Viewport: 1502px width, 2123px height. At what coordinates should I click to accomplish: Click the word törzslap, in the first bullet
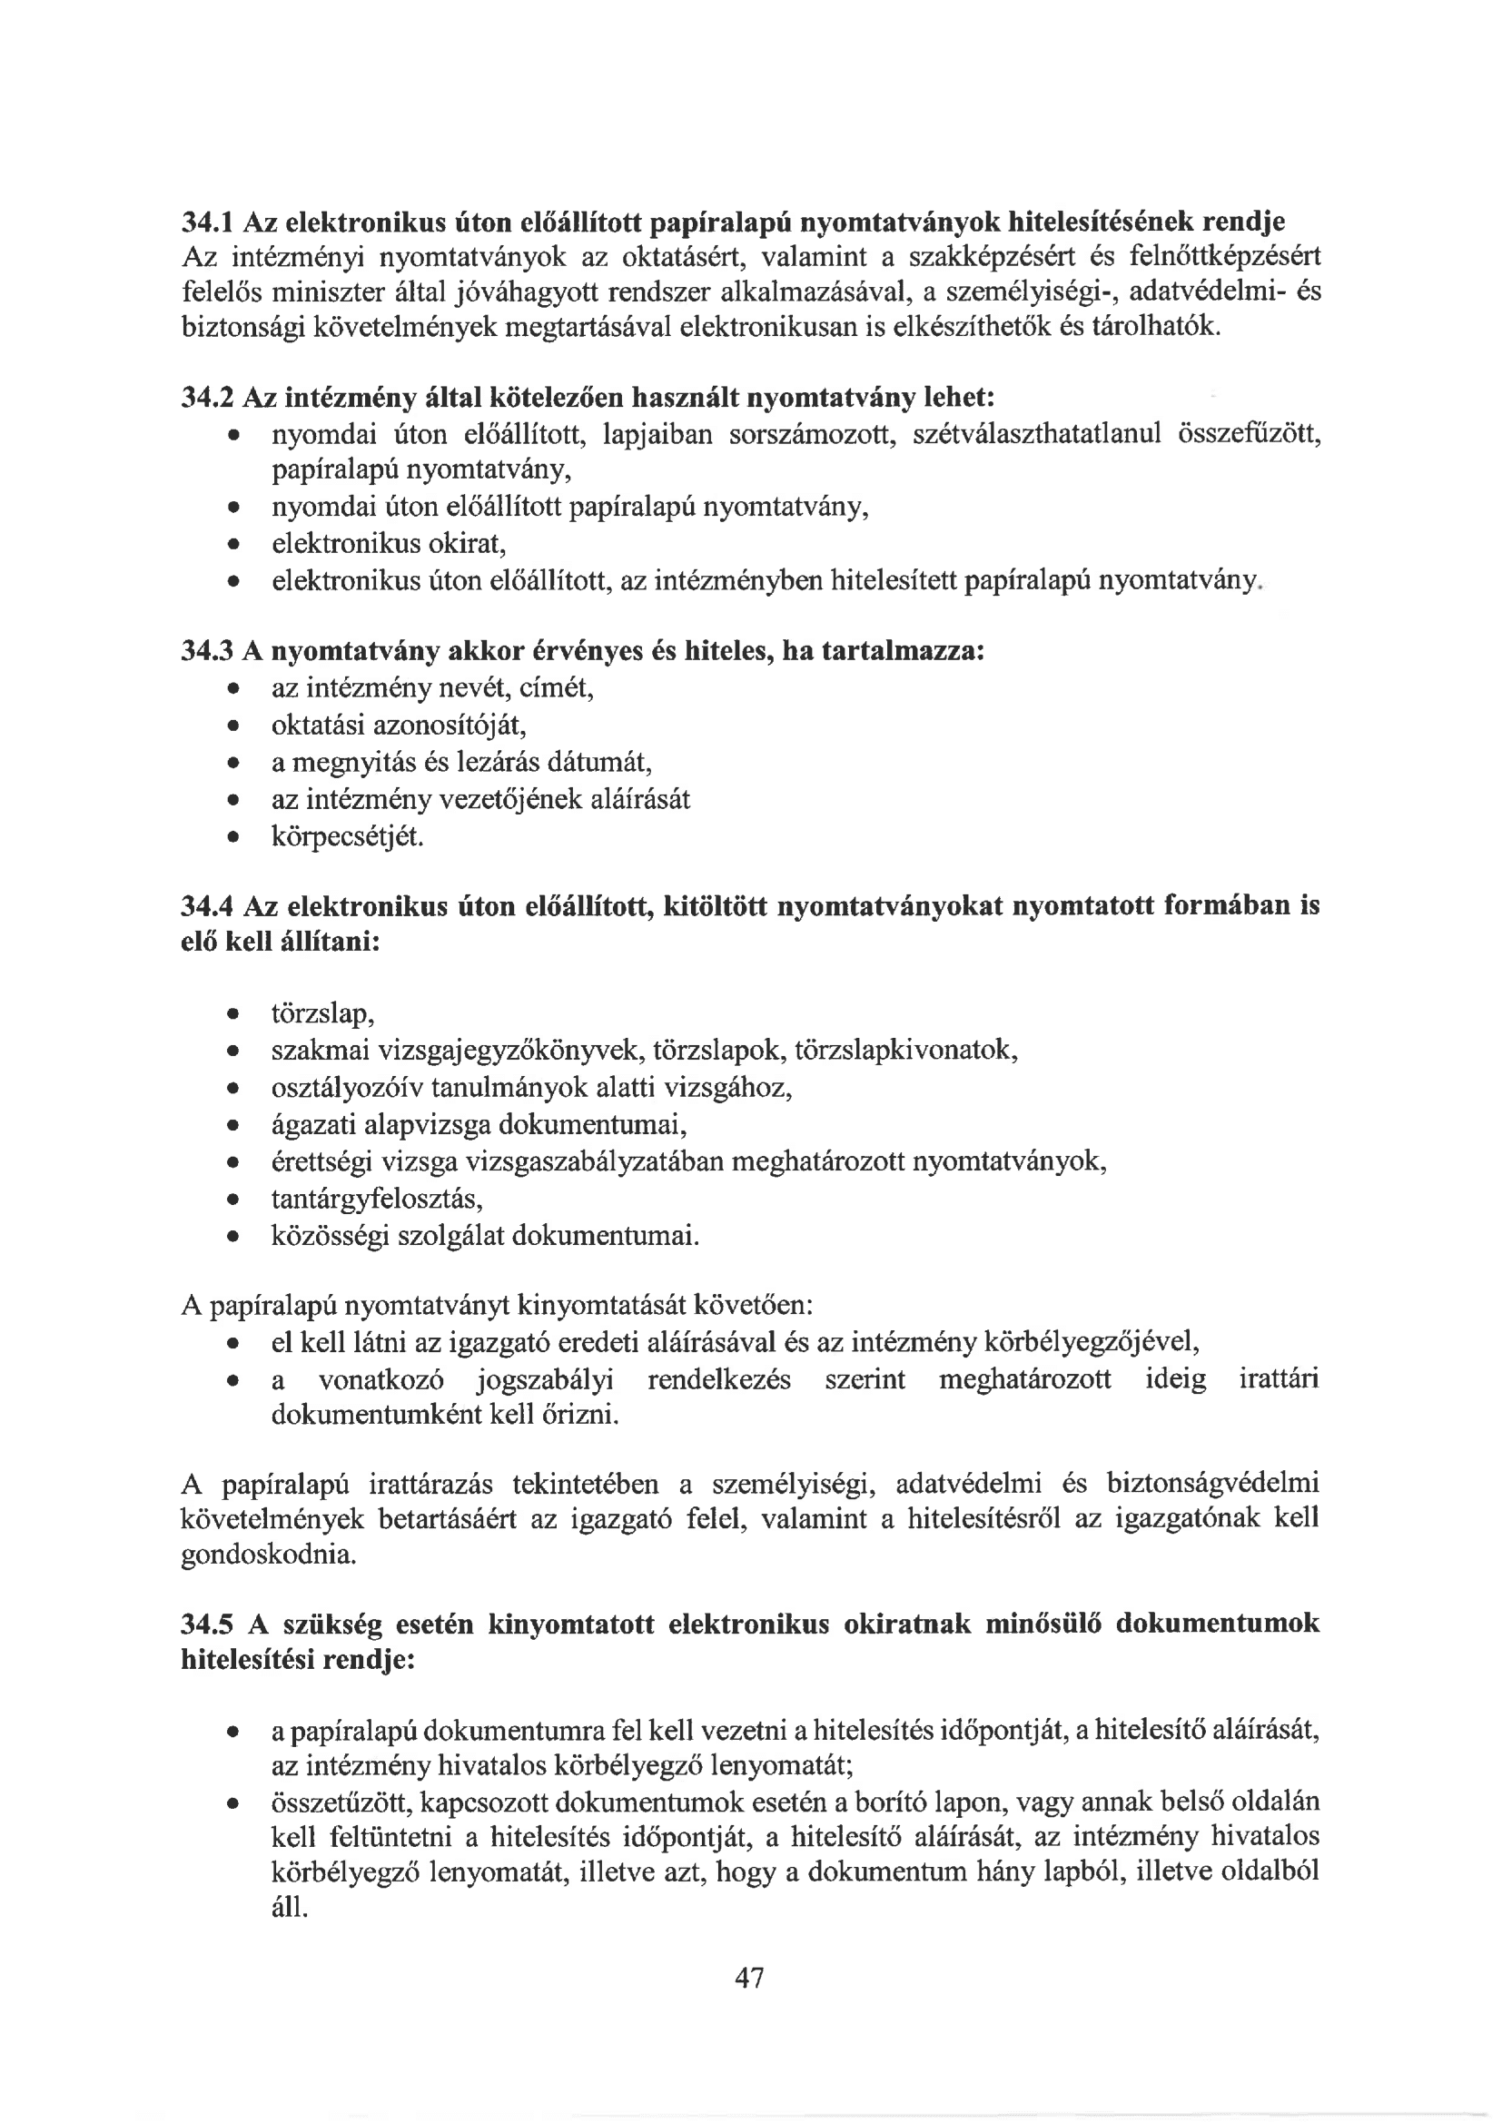(x=321, y=1014)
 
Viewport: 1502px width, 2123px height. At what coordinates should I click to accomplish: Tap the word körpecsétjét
(x=347, y=837)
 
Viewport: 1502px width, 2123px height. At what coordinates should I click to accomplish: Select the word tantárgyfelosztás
(x=378, y=1200)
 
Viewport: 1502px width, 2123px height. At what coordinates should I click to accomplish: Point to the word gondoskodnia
(x=268, y=1555)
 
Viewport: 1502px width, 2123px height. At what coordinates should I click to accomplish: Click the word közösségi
(x=330, y=1236)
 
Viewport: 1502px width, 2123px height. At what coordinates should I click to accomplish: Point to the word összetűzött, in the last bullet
(x=345, y=1802)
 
